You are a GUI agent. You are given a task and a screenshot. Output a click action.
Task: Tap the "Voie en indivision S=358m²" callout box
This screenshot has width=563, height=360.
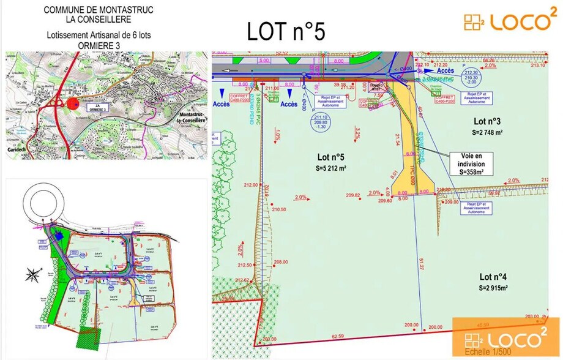tap(471, 164)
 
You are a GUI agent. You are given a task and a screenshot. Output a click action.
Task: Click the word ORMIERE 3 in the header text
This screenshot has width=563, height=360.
tap(99, 45)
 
